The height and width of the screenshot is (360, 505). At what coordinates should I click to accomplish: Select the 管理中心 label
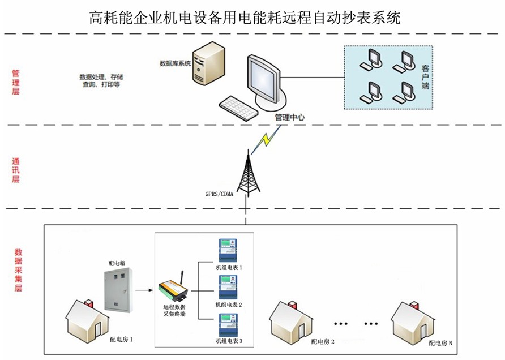(x=289, y=118)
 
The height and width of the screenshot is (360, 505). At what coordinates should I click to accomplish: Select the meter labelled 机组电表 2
(x=228, y=288)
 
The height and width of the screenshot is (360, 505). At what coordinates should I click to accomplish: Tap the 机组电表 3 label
(x=229, y=341)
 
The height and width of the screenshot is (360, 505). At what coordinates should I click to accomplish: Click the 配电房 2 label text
(x=323, y=342)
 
